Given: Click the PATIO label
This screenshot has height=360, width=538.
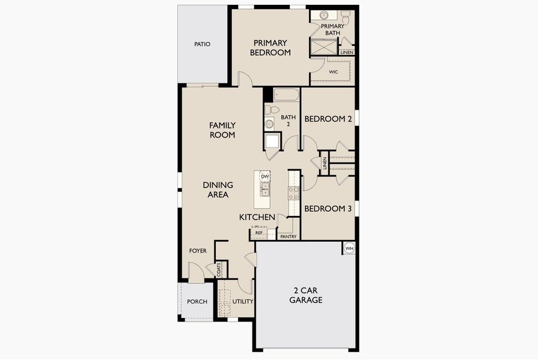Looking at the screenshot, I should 202,44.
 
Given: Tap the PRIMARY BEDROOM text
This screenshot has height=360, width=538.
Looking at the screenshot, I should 270,47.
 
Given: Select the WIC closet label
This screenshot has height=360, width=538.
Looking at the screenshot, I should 333,72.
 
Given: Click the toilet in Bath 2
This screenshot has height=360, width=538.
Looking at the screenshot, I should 271,110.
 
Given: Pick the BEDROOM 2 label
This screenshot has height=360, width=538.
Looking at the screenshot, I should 327,119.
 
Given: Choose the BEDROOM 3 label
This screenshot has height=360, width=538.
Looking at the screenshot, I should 327,209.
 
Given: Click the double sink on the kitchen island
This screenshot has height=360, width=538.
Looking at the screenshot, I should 264,190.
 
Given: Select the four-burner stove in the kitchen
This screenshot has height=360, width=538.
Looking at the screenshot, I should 294,193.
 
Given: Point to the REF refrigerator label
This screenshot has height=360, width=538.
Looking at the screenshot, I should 259,233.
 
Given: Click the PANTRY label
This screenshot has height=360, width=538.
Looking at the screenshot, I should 288,236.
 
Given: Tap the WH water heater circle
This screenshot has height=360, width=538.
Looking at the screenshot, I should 349,248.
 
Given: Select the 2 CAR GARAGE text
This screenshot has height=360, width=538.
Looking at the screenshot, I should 306,295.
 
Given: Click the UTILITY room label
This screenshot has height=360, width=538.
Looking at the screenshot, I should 243,301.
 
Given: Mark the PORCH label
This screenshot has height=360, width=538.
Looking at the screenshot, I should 197,301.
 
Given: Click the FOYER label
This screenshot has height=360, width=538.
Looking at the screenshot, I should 198,251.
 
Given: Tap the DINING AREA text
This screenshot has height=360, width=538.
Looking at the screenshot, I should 218,190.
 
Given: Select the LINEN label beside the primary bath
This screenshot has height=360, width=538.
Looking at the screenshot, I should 347,52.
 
